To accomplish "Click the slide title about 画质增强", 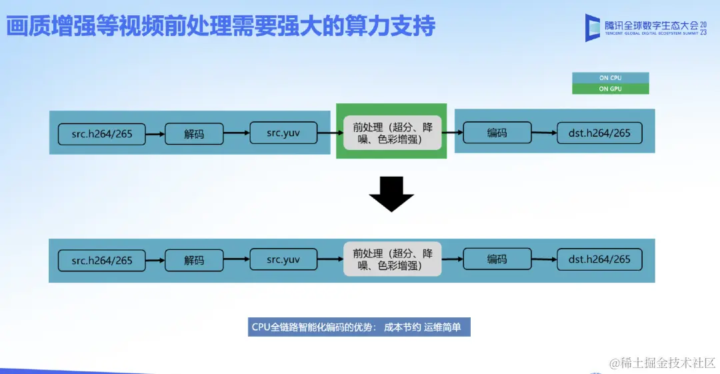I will coord(221,27).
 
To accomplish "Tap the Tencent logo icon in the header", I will coord(593,27).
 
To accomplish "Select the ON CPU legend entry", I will coord(610,78).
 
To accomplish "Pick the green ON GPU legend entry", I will coord(610,89).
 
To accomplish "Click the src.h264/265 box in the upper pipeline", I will coord(102,133).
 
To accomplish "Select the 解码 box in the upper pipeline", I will coord(194,133).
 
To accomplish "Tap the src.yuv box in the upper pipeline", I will coord(283,133).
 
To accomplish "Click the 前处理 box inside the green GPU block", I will coord(393,132).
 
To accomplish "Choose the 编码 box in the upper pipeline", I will coord(497,133).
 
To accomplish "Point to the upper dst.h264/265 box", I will coord(599,133).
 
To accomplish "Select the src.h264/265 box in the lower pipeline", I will coord(102,260).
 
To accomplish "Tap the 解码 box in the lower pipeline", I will coord(194,260).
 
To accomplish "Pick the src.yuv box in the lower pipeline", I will coord(283,259).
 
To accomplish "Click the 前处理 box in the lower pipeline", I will coord(393,259).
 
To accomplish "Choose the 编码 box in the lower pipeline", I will coord(497,259).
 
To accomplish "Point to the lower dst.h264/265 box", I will coord(599,259).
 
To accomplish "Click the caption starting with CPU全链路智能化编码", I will coord(359,327).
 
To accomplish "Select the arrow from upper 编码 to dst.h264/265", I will coord(544,133).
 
